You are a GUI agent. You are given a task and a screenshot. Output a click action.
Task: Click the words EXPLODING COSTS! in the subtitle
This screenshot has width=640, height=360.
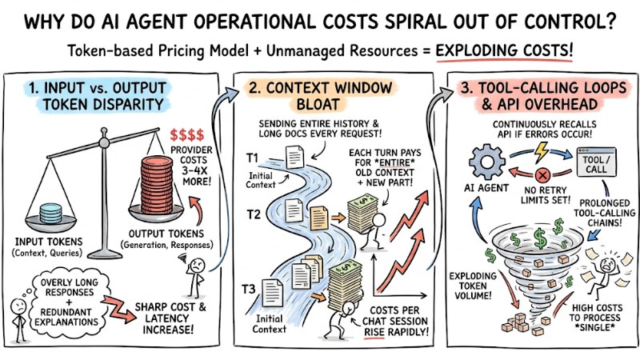pos(505,50)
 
